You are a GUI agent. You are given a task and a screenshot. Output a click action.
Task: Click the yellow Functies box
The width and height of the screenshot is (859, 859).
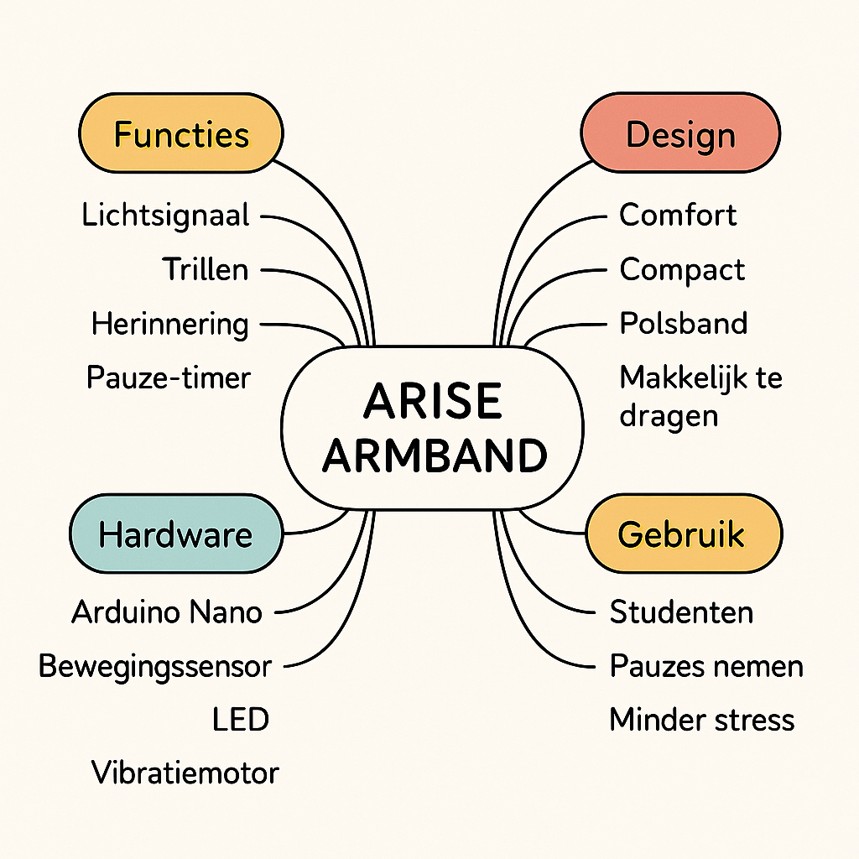click(x=181, y=134)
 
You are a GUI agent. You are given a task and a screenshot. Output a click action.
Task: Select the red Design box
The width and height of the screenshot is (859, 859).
click(x=680, y=134)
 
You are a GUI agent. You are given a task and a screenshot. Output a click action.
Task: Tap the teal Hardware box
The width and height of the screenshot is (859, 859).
click(x=175, y=534)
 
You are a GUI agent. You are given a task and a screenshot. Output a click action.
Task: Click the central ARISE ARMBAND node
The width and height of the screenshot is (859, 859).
click(x=434, y=428)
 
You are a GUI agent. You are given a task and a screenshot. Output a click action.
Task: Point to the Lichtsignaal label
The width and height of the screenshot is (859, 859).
click(x=166, y=216)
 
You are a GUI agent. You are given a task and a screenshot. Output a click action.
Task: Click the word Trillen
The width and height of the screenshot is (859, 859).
click(x=206, y=270)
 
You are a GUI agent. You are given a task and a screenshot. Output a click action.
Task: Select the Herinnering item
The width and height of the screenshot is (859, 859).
click(x=170, y=324)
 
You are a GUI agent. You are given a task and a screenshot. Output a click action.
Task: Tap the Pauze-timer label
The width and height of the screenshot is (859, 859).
click(x=169, y=377)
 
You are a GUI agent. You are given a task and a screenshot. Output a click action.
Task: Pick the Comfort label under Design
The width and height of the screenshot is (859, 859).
click(x=678, y=216)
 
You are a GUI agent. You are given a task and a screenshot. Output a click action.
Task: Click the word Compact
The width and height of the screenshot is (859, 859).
click(x=682, y=270)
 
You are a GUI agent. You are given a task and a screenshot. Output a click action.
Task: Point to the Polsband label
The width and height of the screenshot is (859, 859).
click(x=684, y=324)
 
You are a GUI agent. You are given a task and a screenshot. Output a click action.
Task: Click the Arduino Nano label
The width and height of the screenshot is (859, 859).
click(x=167, y=612)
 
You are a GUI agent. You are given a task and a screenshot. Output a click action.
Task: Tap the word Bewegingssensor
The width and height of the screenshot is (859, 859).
click(x=155, y=667)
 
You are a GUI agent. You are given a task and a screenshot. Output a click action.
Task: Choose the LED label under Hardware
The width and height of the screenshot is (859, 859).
click(x=241, y=720)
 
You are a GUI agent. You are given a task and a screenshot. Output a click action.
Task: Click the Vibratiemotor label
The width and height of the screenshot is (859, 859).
click(x=185, y=773)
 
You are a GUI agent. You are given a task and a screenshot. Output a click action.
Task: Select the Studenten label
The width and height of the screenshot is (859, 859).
click(x=681, y=612)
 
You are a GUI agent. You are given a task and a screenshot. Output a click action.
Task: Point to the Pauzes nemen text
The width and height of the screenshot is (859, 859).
click(x=706, y=667)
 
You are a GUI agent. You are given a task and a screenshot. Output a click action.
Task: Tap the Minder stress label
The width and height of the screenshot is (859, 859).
click(x=702, y=720)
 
